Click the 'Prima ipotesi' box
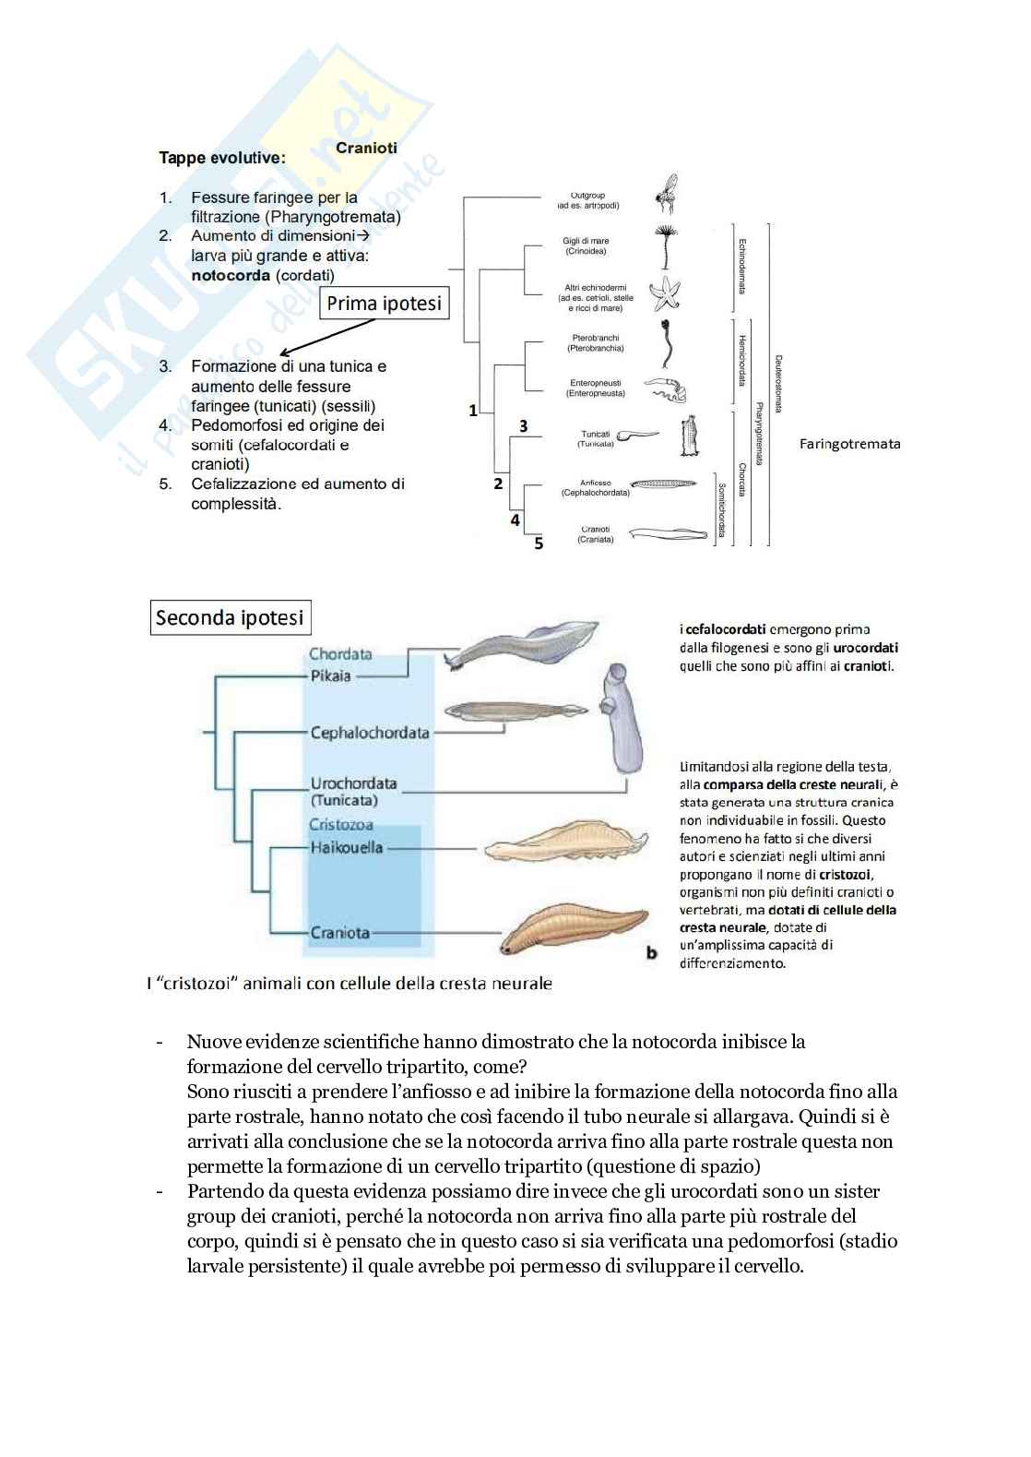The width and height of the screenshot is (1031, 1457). [x=384, y=304]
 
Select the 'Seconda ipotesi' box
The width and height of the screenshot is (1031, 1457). [x=229, y=617]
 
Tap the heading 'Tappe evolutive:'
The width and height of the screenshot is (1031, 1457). [x=222, y=158]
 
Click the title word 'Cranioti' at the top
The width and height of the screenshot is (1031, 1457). [x=366, y=148]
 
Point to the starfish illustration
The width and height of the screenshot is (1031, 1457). [x=664, y=293]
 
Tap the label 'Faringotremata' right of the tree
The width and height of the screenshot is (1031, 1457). [x=849, y=444]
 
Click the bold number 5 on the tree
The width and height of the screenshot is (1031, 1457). [x=539, y=543]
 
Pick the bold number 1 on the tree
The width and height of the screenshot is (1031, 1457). [x=473, y=410]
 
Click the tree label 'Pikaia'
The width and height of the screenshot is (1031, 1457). [x=330, y=675]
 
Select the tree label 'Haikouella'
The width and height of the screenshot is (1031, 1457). [x=346, y=847]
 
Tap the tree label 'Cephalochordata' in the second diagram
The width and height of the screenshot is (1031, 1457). [x=369, y=733]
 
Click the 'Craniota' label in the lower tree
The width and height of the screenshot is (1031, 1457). [x=339, y=933]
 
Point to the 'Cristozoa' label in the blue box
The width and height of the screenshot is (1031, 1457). [x=340, y=825]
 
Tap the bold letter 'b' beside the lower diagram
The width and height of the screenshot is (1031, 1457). [x=652, y=952]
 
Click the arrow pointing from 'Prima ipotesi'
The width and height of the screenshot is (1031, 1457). [x=328, y=337]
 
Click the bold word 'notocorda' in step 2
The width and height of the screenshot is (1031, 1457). [x=231, y=275]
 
